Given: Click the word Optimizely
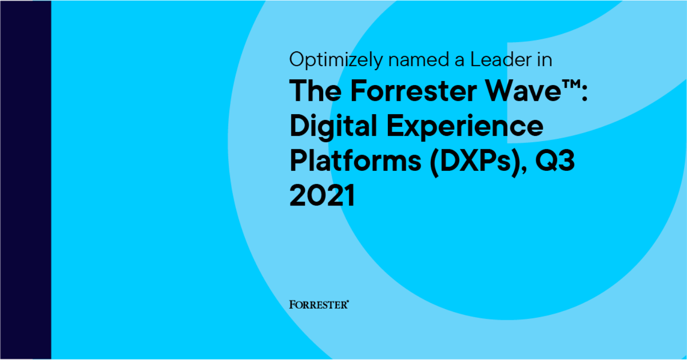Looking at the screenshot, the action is click(336, 60).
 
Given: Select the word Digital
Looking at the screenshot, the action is click(333, 127).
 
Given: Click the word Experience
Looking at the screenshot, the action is click(465, 127).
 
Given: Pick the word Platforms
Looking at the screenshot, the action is click(355, 161).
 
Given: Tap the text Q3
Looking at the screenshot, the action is click(554, 161).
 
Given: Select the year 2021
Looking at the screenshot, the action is click(322, 195).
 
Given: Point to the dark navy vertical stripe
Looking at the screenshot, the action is click(26, 180).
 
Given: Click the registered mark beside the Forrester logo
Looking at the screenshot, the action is click(348, 301).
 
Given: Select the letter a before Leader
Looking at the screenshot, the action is click(459, 61).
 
